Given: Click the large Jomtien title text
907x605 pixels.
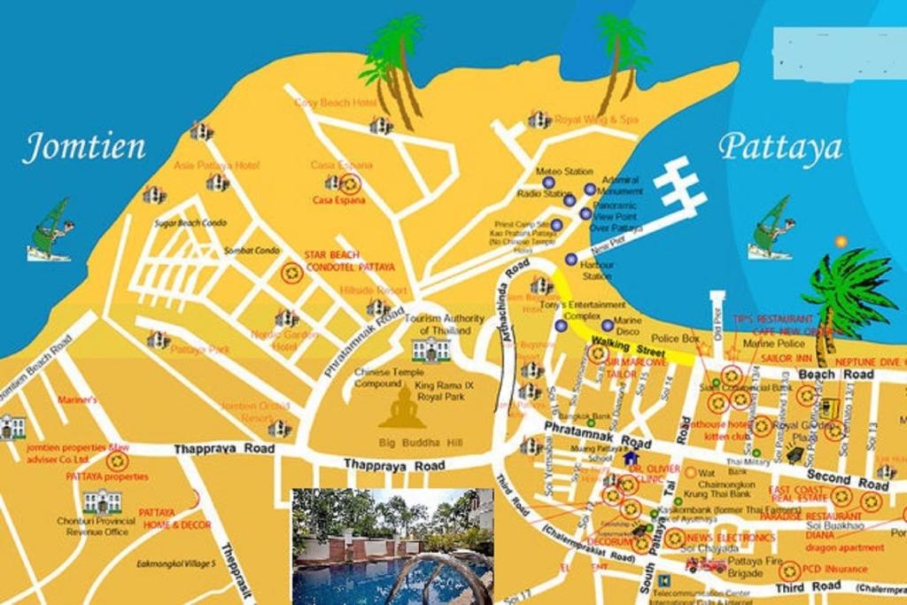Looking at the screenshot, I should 83,147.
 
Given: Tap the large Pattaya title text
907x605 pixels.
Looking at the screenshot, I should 779,147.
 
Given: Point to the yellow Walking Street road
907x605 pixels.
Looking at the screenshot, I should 620,337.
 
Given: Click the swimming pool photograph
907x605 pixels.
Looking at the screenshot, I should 392,546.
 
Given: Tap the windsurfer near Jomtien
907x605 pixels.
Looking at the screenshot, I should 50,232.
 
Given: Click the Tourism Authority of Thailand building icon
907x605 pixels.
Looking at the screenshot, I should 430,349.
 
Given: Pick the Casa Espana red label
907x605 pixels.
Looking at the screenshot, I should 339,200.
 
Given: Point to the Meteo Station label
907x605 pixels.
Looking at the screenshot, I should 564,171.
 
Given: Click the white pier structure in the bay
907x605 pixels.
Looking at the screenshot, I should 678,185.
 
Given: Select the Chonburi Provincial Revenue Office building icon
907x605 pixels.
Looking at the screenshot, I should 102,501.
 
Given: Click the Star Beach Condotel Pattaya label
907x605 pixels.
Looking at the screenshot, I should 349,261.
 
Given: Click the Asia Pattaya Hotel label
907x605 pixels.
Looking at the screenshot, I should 216,166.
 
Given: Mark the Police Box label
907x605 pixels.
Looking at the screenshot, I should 676,338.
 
